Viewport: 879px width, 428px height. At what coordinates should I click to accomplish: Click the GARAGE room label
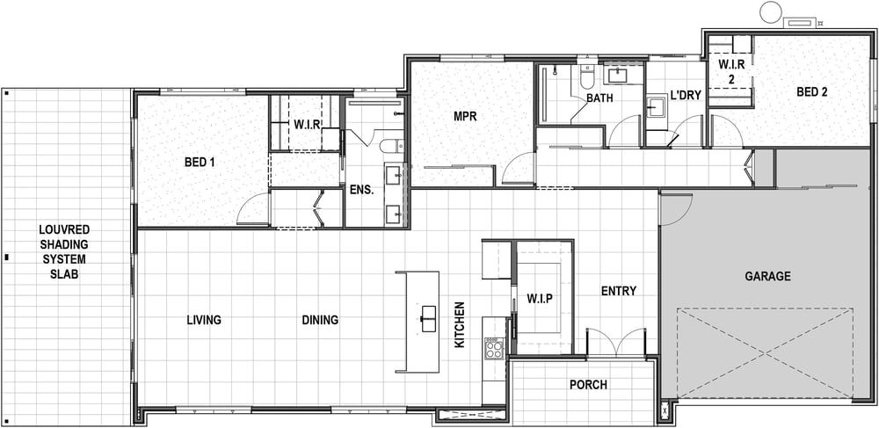click(767, 276)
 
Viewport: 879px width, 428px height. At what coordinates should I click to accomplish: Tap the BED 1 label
click(200, 163)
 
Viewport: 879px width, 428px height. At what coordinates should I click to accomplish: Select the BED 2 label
click(811, 92)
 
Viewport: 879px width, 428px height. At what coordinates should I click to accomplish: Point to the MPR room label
click(465, 117)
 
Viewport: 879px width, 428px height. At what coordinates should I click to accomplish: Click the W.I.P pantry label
click(540, 298)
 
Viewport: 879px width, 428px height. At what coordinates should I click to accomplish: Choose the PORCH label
click(588, 385)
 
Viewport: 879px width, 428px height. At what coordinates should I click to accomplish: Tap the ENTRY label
click(619, 291)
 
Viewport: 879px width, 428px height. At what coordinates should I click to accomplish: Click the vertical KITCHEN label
click(460, 325)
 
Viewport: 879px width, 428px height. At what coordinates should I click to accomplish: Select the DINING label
click(320, 320)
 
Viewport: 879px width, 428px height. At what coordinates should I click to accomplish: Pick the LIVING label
click(204, 320)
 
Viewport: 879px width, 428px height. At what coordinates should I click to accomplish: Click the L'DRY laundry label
click(686, 96)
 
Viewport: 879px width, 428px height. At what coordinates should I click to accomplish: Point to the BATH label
click(599, 98)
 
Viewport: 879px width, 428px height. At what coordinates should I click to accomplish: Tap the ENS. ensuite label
click(361, 190)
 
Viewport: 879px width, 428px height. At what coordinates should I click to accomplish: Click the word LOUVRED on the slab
click(64, 229)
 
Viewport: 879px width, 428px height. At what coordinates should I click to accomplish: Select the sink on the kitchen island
click(430, 319)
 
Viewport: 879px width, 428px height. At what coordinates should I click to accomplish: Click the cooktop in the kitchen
click(494, 350)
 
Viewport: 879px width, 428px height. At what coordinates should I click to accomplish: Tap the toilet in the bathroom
click(587, 78)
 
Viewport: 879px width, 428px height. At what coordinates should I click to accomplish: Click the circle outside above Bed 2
click(771, 12)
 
